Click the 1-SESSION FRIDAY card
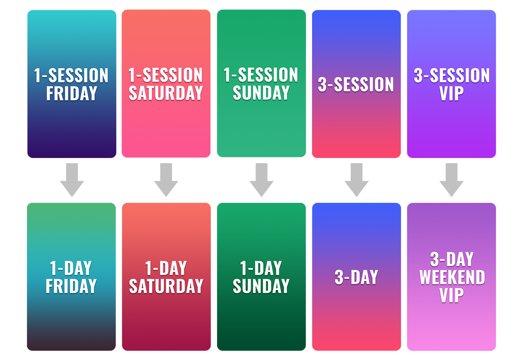coord(72,84)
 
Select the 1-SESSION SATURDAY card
coord(166,84)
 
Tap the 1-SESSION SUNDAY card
coord(261,83)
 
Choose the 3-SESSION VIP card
coord(452,84)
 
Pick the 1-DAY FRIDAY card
coord(71,277)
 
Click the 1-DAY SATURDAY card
coord(166,277)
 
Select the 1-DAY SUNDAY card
coord(261,277)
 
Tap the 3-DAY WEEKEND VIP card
coord(452,277)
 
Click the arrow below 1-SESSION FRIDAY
coord(72,180)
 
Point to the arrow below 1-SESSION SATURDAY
coord(166,180)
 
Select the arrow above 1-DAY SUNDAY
coord(261,180)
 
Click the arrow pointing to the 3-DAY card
coord(357,180)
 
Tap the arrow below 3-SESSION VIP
coord(452,180)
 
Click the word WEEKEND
coord(452,278)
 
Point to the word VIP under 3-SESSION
coord(452,93)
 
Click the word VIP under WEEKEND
coord(452,295)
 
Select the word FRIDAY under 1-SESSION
coord(72,93)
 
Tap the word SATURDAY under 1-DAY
coord(166,286)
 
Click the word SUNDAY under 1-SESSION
coord(261,93)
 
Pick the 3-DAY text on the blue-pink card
coord(357,278)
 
